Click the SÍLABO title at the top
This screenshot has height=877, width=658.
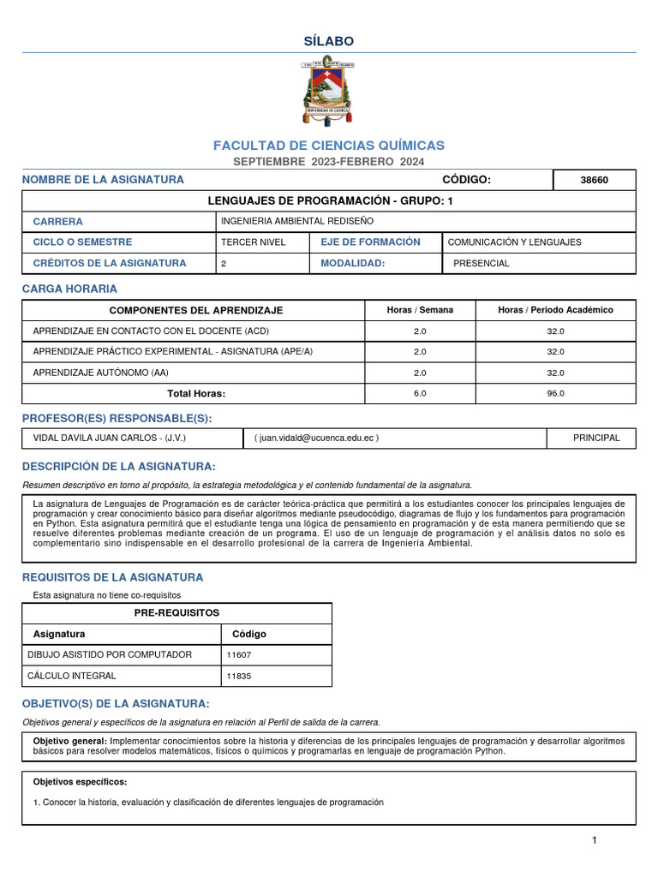[x=329, y=41]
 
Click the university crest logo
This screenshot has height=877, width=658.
[x=329, y=91]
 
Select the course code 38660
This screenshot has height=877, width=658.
[x=595, y=180]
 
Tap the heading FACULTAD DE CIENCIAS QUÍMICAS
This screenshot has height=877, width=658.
[x=329, y=146]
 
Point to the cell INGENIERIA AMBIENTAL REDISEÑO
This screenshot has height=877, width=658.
[x=285, y=221]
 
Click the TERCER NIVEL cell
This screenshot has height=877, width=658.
[x=253, y=242]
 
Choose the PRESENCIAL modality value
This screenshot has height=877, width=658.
[x=481, y=264]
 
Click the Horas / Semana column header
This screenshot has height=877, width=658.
[x=420, y=310]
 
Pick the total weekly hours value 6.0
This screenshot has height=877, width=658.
[x=420, y=394]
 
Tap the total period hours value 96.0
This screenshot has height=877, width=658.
[x=555, y=394]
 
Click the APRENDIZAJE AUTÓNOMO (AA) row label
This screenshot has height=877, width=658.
[x=100, y=373]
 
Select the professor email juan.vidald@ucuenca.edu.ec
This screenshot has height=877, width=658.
[x=316, y=438]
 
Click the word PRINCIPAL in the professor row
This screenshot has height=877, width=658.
[x=596, y=438]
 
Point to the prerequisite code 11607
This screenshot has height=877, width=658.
[x=238, y=654]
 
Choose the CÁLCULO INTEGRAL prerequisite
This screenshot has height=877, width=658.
[x=73, y=676]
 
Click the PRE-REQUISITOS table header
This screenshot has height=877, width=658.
[x=176, y=613]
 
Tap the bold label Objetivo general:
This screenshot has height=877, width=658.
[x=70, y=741]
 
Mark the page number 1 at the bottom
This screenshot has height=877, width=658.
[x=594, y=840]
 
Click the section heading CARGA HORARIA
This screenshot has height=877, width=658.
[x=69, y=289]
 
